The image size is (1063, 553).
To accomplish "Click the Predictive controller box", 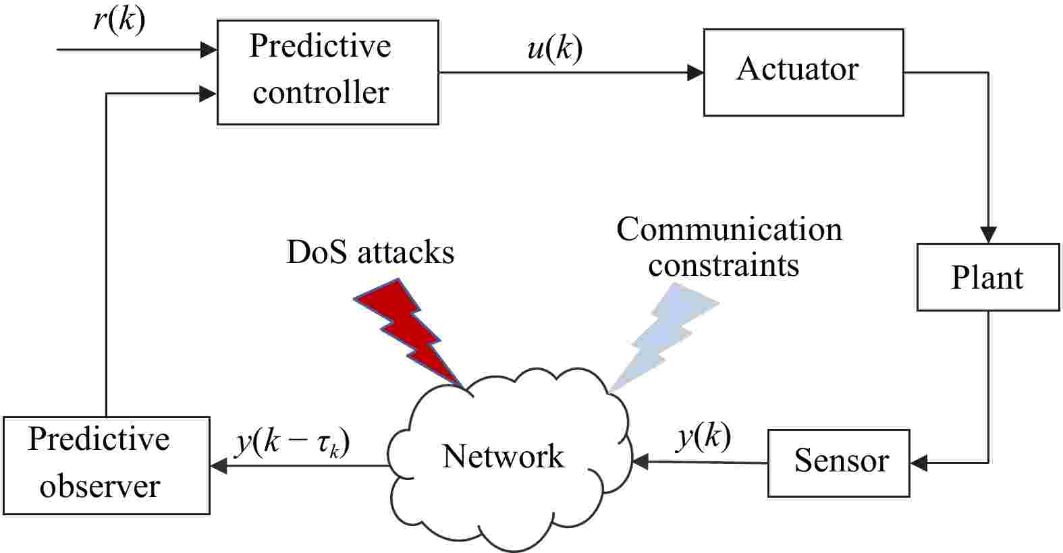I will tap(327, 72).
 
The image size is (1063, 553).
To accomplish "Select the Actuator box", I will tap(803, 72).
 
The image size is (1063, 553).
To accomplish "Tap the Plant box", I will tap(987, 277).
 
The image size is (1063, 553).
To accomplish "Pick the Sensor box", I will tap(839, 463).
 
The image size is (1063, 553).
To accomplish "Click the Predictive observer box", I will tap(106, 465).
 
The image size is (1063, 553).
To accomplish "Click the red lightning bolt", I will tap(409, 330).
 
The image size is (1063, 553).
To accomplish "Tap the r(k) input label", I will tap(119, 20).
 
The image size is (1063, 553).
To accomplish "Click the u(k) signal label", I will tap(554, 49).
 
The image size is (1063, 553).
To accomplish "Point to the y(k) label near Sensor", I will tap(703, 437).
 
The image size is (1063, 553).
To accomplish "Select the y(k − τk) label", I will tap(292, 442).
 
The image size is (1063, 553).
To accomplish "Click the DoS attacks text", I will tap(370, 252).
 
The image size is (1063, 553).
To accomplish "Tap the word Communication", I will tap(729, 229).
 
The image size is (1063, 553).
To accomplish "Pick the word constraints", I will tap(724, 265).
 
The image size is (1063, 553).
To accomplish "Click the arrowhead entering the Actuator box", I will tap(695, 72).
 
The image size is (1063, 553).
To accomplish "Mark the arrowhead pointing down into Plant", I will tap(988, 235).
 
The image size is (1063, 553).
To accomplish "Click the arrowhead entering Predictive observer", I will tap(219, 465).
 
